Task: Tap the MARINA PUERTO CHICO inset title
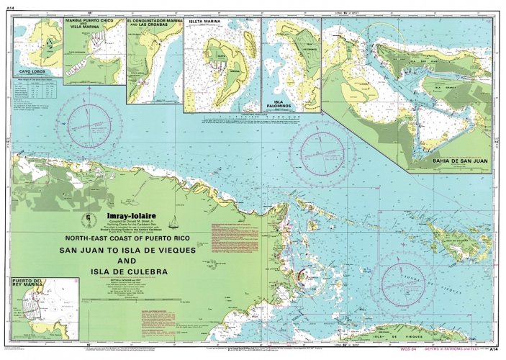click(x=90, y=23)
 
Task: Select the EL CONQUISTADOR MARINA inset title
click(x=154, y=23)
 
